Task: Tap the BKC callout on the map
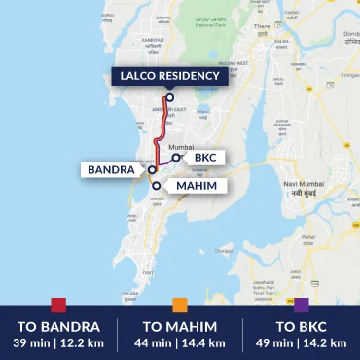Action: tap(204, 157)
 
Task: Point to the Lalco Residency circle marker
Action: tap(169, 96)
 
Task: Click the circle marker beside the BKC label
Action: tap(176, 157)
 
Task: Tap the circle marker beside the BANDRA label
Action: tap(153, 169)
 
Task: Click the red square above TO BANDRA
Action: tap(58, 305)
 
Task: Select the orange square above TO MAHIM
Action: tap(179, 305)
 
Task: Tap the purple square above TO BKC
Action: tap(301, 305)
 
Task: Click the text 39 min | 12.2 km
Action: tap(58, 342)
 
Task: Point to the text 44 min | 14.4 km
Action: tap(179, 342)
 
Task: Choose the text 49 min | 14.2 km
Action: tap(301, 342)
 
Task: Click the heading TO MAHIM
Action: tap(179, 326)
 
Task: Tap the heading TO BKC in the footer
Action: tap(301, 326)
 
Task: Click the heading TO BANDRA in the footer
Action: tap(58, 326)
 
